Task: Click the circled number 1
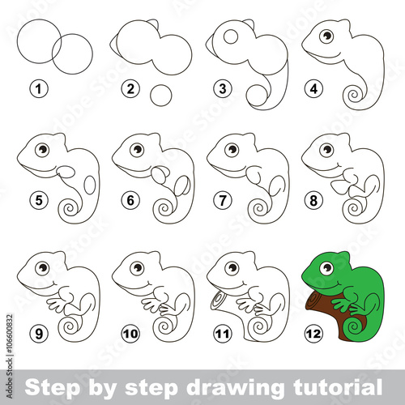click(x=39, y=89)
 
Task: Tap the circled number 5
click(x=39, y=200)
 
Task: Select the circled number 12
click(x=313, y=334)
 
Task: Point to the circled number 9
click(x=39, y=334)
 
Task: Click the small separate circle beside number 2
click(x=161, y=96)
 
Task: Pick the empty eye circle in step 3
click(x=231, y=36)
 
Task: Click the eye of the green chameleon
click(x=326, y=268)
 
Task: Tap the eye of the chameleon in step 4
click(x=326, y=36)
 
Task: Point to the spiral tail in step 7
click(x=259, y=209)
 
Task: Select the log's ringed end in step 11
click(x=218, y=299)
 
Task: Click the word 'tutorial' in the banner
click(x=338, y=387)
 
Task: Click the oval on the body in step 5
click(x=89, y=185)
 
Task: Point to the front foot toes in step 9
click(x=56, y=305)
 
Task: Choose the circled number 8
click(x=313, y=200)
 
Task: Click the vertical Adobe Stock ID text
click(x=10, y=356)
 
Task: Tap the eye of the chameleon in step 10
click(x=137, y=268)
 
